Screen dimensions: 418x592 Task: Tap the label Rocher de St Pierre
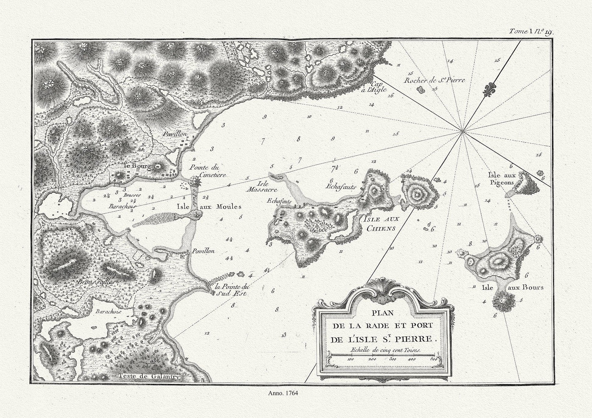coord(435,80)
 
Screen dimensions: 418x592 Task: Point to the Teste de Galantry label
coord(149,376)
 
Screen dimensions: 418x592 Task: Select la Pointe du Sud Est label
coord(232,290)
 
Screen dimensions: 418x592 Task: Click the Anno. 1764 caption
coord(283,393)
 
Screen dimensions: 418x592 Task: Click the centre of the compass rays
coord(462,132)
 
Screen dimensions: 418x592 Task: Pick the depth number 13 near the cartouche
coord(284,335)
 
